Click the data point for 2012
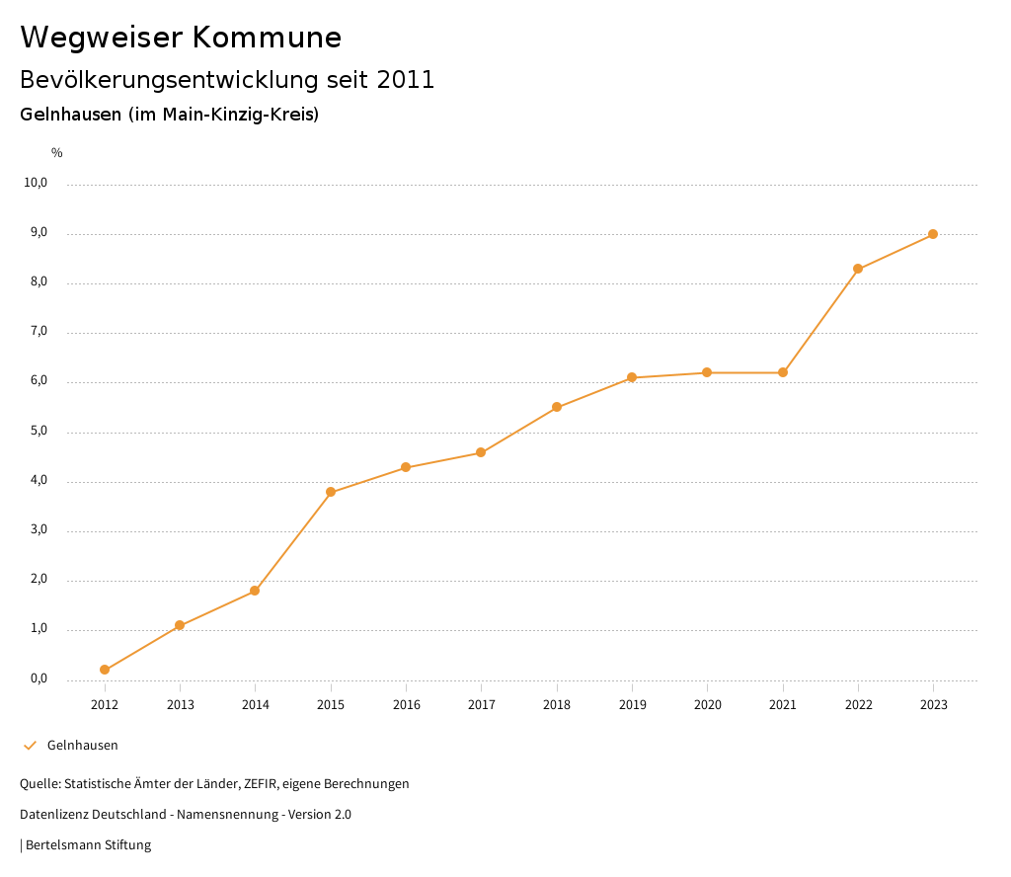[105, 670]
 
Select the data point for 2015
[331, 492]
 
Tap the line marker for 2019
[632, 377]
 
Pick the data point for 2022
[858, 269]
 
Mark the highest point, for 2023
[933, 234]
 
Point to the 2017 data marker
[481, 452]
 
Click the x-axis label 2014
[256, 704]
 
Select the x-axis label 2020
[707, 704]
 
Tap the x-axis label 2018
[557, 704]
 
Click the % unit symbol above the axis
[57, 153]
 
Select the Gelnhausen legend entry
[83, 745]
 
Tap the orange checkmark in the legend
[30, 745]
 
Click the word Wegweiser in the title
[101, 38]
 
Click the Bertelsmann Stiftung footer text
[88, 844]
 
